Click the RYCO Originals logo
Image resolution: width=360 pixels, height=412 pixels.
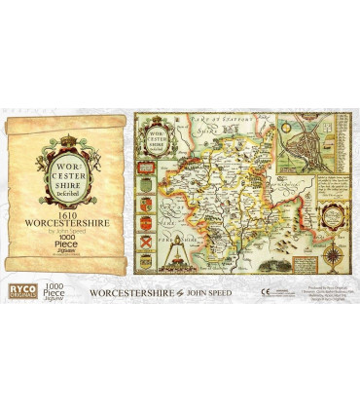tap(19, 289)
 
